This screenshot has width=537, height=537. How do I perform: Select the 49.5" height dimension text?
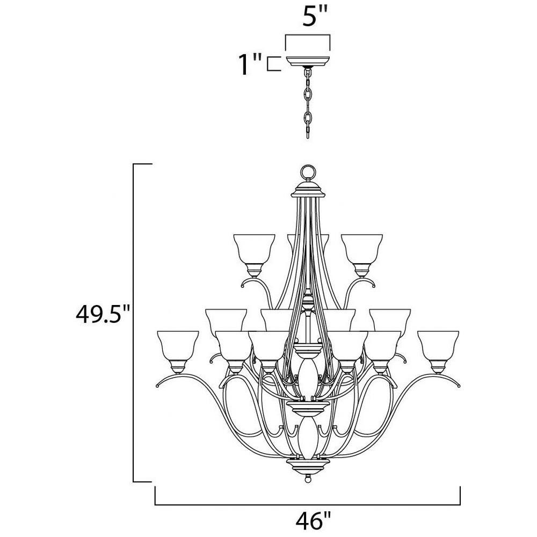tap(103, 314)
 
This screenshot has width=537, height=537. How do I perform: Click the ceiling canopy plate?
tap(308, 61)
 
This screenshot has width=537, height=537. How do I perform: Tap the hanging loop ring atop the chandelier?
tap(307, 172)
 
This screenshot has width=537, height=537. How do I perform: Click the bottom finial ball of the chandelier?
tap(308, 479)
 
